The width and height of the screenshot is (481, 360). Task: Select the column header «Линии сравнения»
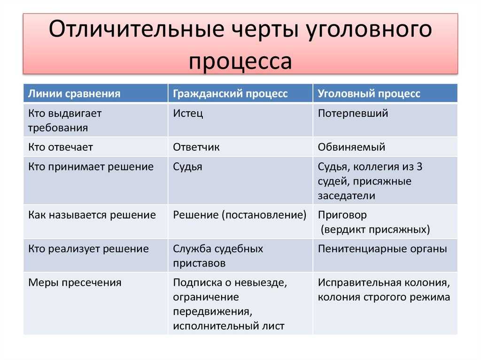click(x=74, y=93)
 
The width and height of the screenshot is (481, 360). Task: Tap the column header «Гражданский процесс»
click(x=230, y=93)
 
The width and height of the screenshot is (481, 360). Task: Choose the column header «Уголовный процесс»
click(x=369, y=93)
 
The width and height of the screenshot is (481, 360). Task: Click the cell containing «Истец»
click(x=188, y=114)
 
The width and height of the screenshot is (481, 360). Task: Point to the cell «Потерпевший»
click(x=353, y=114)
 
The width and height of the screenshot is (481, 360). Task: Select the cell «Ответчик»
click(x=196, y=147)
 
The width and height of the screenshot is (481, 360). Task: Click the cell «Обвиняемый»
click(x=351, y=147)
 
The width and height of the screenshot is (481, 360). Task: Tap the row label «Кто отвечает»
click(x=61, y=147)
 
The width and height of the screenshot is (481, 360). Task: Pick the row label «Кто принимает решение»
click(x=91, y=167)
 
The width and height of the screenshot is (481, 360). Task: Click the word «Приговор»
click(x=342, y=215)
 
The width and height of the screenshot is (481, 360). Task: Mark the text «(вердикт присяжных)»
click(x=375, y=230)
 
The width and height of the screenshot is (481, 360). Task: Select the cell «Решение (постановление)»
click(x=240, y=215)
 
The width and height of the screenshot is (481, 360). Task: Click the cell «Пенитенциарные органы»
click(x=382, y=249)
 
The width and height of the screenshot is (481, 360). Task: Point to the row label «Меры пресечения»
click(x=75, y=283)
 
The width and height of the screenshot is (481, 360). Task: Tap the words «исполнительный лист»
click(x=229, y=326)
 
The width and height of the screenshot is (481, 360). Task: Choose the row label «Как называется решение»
click(x=92, y=215)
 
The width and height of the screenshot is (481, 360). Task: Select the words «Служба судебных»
click(x=218, y=249)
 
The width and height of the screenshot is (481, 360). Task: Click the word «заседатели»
click(x=346, y=196)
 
